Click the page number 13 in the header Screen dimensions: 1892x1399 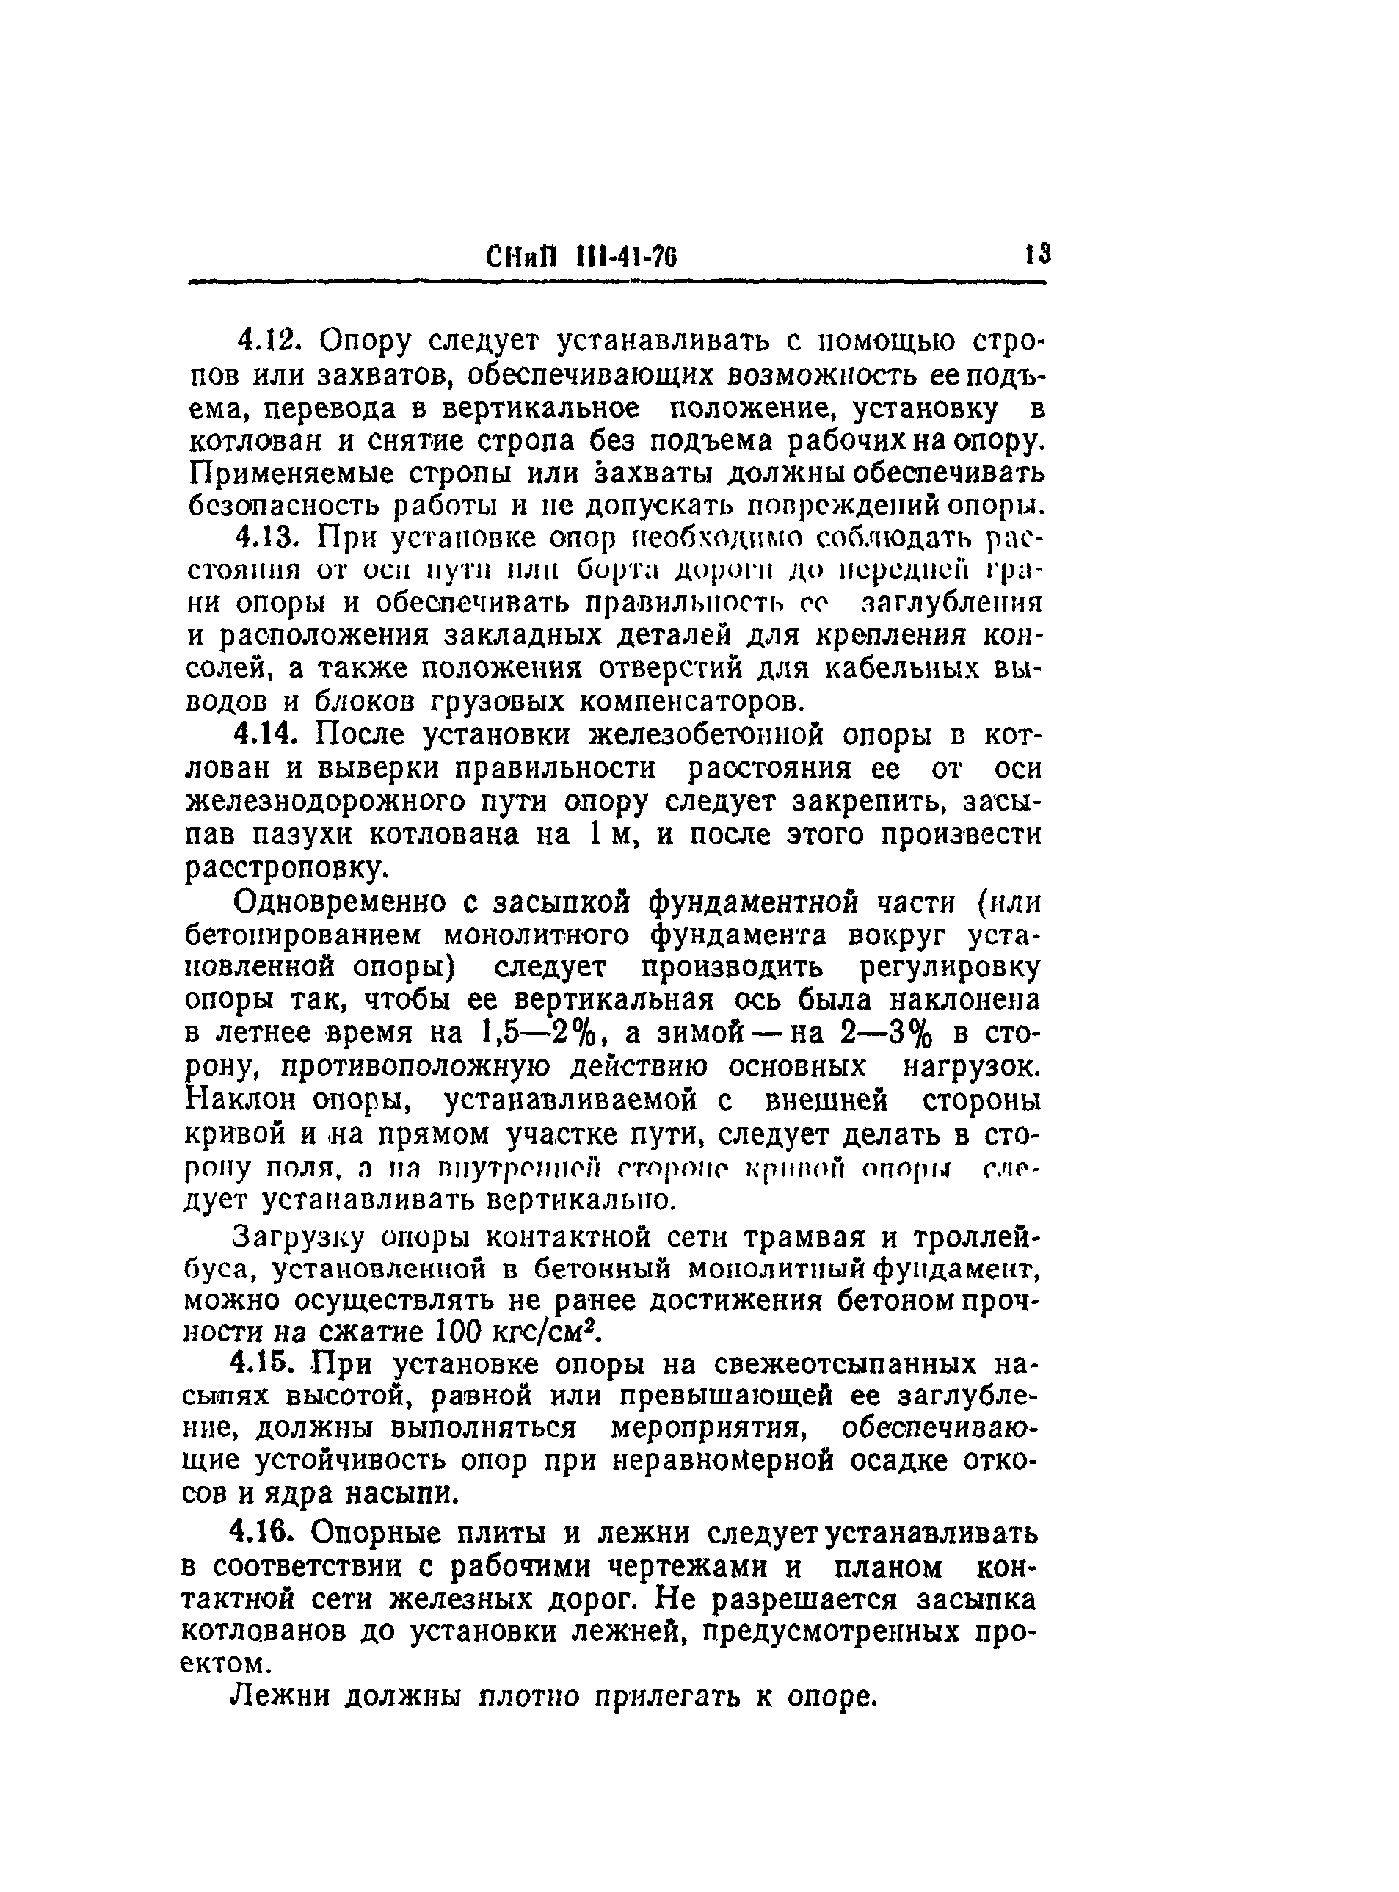coord(1036,255)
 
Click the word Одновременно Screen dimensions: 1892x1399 coord(341,903)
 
